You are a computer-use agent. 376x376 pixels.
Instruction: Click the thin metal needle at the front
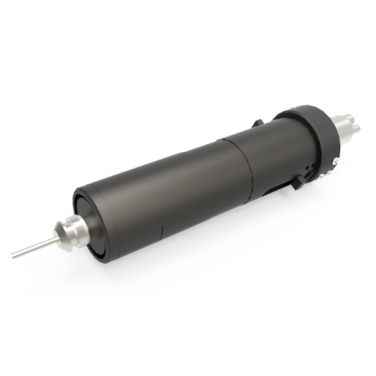31,248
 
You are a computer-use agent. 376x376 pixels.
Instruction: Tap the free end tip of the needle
13,255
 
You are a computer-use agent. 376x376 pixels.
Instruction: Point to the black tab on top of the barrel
259,123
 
